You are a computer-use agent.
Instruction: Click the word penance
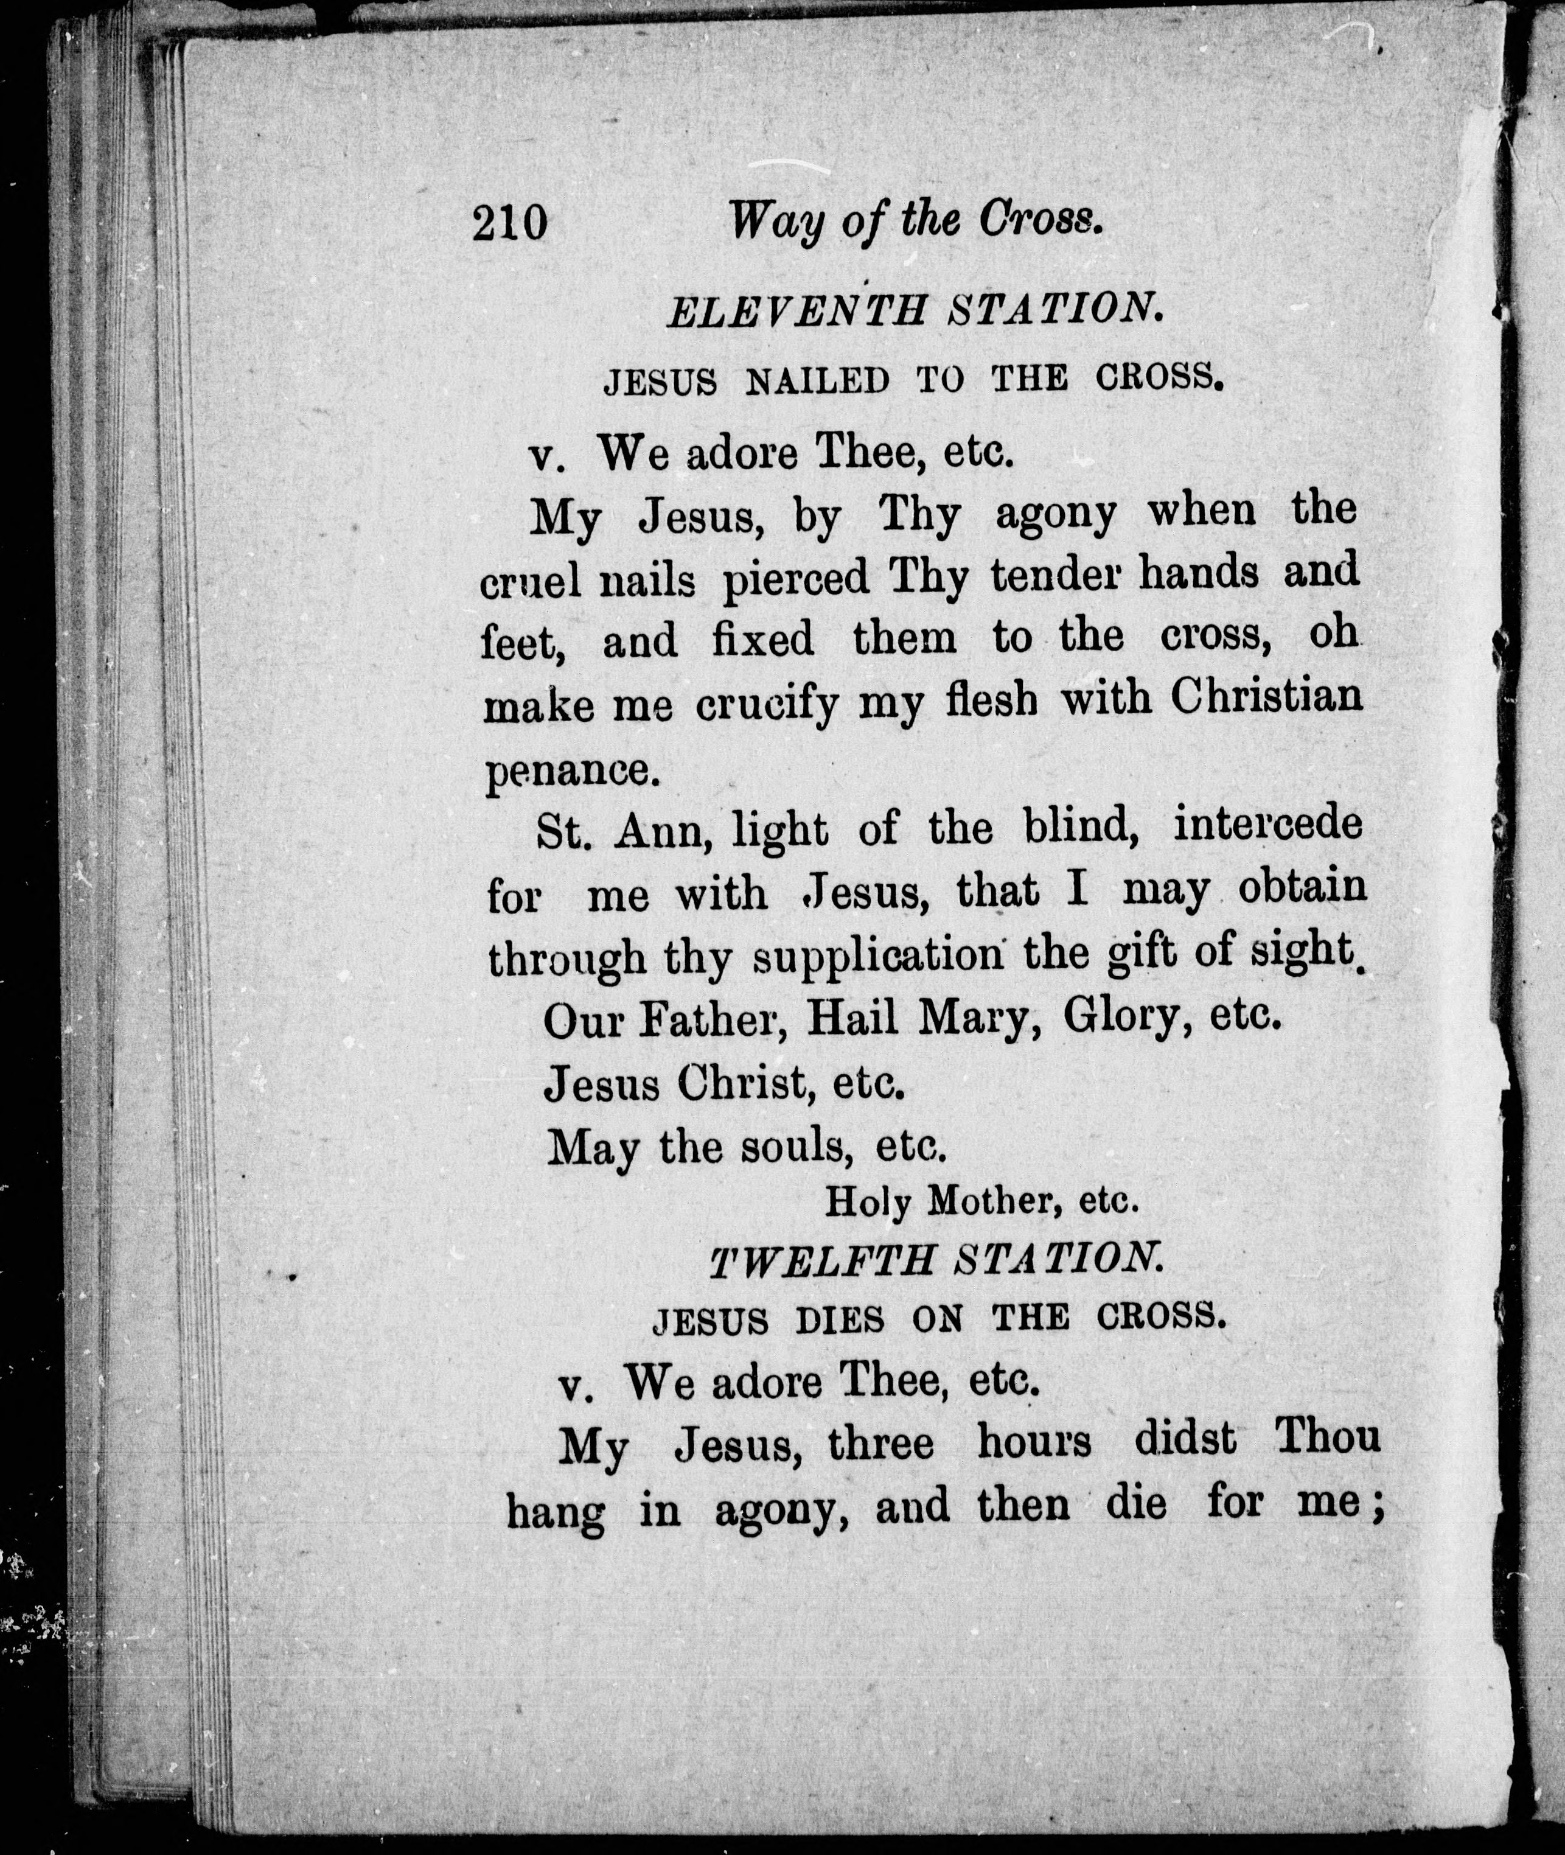(573, 769)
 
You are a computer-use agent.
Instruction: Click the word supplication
(879, 958)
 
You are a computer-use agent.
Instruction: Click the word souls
(792, 1149)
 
